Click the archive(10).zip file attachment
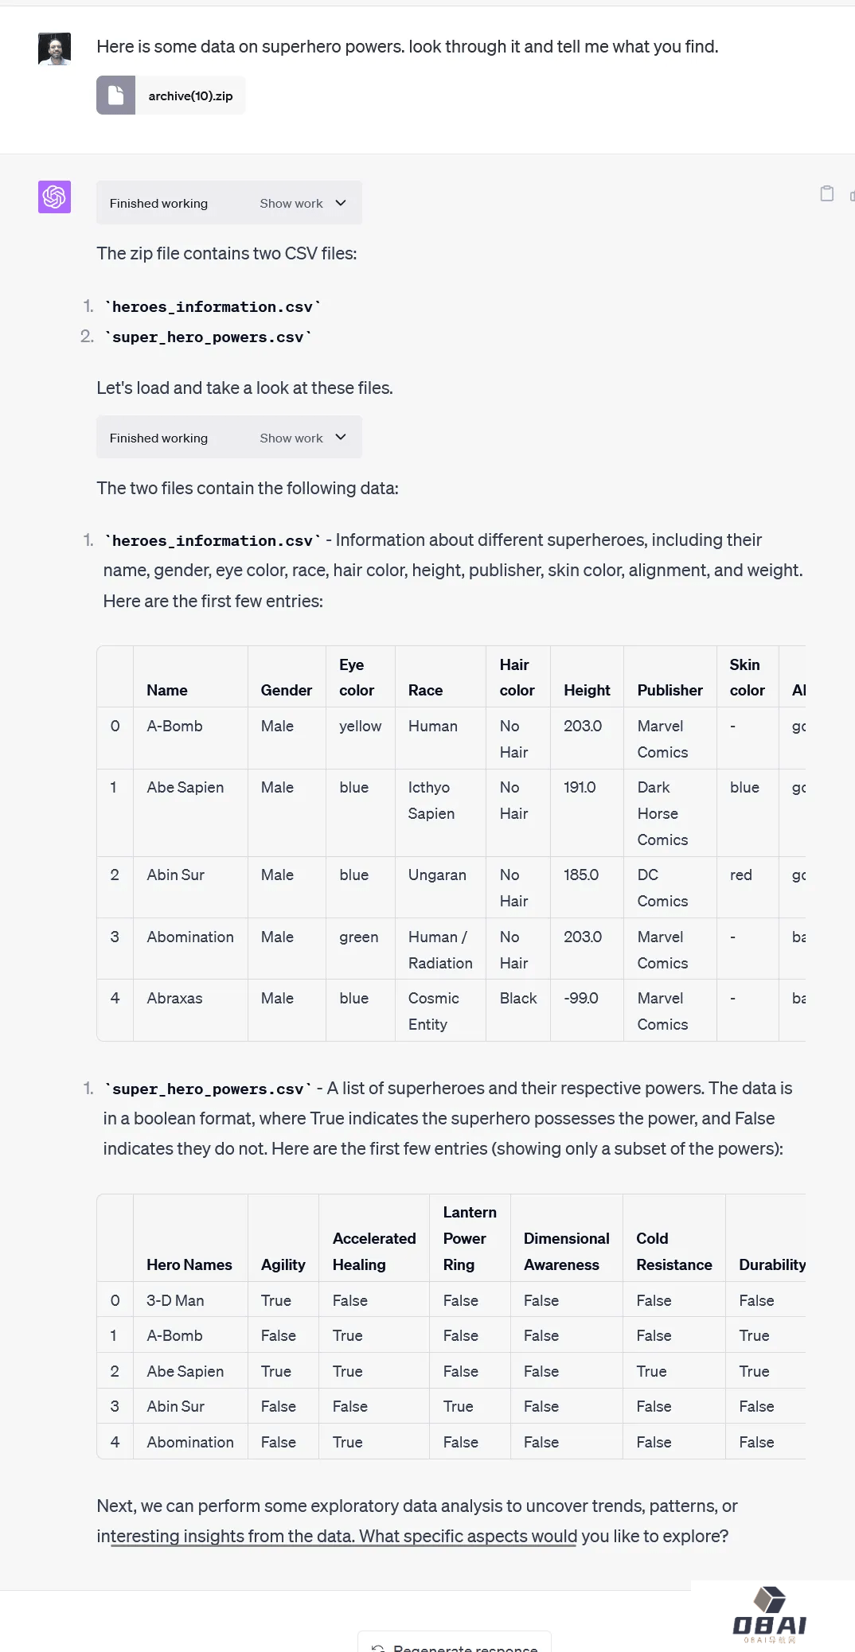point(170,95)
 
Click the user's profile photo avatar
point(54,49)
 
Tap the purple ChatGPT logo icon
point(54,197)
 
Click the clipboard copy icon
point(826,193)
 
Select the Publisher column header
point(670,690)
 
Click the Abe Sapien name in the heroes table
point(185,787)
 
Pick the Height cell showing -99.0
point(580,998)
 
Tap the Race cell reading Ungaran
point(437,875)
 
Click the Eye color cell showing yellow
point(360,726)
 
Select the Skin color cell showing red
point(740,875)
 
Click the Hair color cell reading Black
point(517,998)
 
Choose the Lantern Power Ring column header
point(469,1238)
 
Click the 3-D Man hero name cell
point(175,1300)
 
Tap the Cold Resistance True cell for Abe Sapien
point(651,1371)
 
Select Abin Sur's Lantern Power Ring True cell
point(458,1406)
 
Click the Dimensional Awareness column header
point(566,1251)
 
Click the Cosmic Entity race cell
point(433,1011)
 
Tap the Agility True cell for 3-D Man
point(275,1300)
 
